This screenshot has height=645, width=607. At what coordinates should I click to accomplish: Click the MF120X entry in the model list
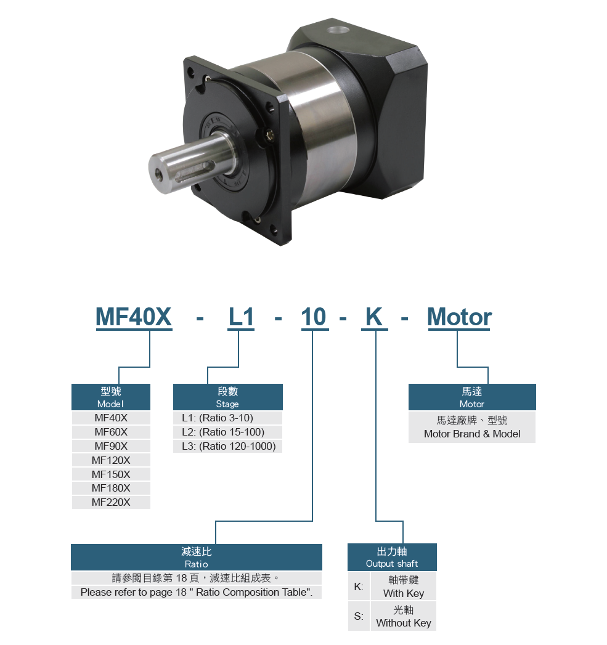111,460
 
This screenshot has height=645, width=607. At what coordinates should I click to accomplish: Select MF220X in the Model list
111,502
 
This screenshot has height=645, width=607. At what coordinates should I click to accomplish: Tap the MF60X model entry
111,432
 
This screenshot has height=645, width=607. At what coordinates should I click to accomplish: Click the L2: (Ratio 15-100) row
227,432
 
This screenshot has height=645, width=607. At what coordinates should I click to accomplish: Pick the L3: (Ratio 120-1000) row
227,446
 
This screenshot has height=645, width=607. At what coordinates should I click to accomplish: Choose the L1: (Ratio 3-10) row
227,418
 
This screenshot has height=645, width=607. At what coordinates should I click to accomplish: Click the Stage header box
227,397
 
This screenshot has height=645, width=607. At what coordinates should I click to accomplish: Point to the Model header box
111,397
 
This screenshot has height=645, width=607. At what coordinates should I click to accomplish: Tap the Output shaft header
392,558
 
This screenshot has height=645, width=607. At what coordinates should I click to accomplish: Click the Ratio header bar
197,558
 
